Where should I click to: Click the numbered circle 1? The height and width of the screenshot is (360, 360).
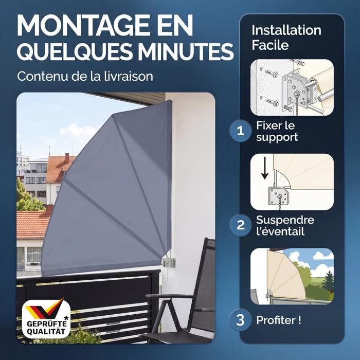click(x=240, y=131)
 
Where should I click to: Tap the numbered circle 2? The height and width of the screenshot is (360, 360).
click(x=240, y=225)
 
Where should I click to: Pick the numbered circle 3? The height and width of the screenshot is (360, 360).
click(x=240, y=320)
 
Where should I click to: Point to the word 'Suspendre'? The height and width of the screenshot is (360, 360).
click(x=285, y=220)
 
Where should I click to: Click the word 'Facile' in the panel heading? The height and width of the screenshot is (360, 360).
click(x=270, y=45)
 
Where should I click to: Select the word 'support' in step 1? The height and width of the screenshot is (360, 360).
click(x=277, y=137)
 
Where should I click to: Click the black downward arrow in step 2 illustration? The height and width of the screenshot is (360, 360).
click(x=265, y=168)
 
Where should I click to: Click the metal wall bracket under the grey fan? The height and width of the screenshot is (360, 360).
click(x=169, y=262)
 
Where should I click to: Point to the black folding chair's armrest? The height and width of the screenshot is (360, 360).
click(x=169, y=296)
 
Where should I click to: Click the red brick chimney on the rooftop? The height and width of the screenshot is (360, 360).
click(x=67, y=157)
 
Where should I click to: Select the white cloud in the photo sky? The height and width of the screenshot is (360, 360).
click(x=76, y=131)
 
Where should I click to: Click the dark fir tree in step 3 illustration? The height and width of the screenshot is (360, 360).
click(x=328, y=281)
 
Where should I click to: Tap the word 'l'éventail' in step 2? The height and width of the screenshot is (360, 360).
click(x=280, y=231)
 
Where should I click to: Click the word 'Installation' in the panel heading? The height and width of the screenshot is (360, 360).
click(x=286, y=30)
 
